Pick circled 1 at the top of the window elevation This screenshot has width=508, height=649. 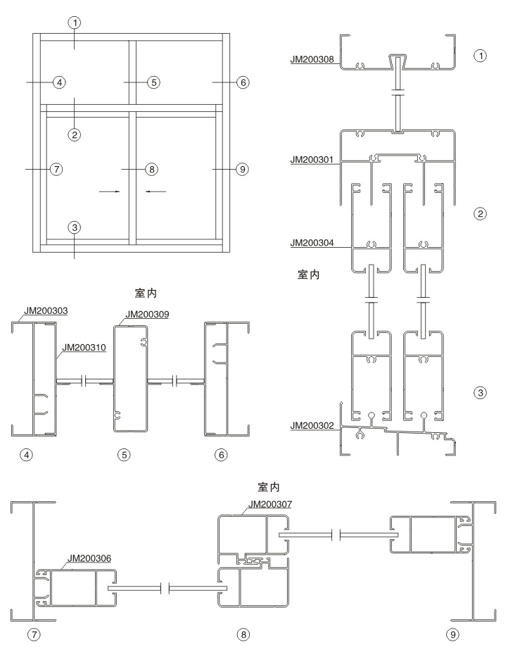coord(74,23)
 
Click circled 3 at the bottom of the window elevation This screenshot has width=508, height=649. coord(74,227)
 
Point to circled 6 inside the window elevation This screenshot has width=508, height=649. coord(243,82)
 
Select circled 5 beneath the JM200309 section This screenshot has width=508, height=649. coord(124,455)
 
